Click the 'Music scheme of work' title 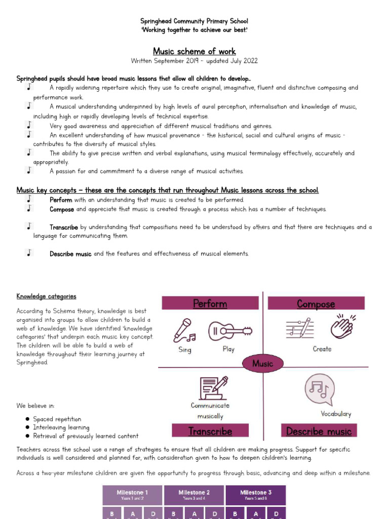click(194, 51)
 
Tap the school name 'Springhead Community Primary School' click(194, 21)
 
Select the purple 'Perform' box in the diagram click(210, 303)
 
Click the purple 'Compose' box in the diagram click(316, 303)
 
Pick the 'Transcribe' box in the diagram click(210, 431)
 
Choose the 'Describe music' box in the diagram click(319, 431)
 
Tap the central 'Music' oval click(262, 363)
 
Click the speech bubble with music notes click(320, 389)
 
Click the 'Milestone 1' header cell click(132, 495)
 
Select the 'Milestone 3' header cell click(255, 495)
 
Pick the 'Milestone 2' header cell click(194, 495)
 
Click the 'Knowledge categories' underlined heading click(46, 296)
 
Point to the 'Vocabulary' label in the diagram click(336, 414)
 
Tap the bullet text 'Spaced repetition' click(57, 419)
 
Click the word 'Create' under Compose click(322, 349)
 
